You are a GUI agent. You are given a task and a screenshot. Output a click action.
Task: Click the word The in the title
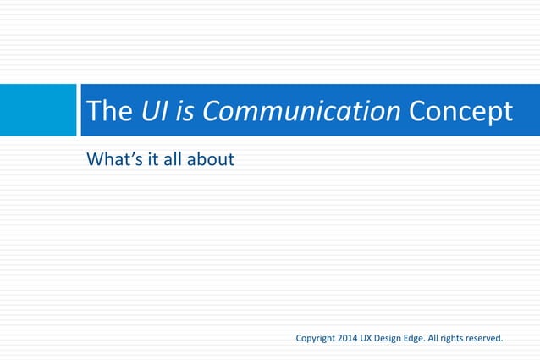tap(106, 112)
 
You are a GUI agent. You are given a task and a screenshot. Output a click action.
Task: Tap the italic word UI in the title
tap(151, 112)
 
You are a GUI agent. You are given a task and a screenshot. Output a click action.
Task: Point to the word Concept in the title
tap(460, 112)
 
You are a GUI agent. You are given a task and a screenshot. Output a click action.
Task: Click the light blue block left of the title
tap(38, 110)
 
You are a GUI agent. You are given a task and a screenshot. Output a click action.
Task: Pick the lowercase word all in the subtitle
tap(179, 158)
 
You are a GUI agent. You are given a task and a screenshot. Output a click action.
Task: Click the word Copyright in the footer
tap(315, 339)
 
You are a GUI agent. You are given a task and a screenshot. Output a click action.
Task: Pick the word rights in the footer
tap(466, 339)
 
